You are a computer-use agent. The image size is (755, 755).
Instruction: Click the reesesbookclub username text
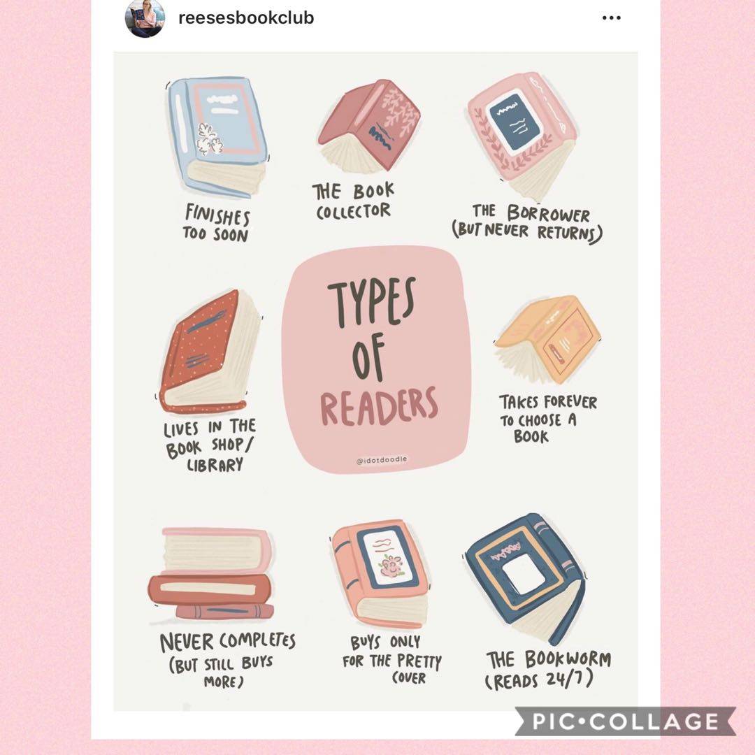246,17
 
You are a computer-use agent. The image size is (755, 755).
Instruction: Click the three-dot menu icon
611,17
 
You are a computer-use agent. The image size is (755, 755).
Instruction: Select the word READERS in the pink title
379,406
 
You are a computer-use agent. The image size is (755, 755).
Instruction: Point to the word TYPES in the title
371,302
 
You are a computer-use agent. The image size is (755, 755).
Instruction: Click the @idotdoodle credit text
382,460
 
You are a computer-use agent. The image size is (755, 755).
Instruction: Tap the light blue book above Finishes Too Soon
217,137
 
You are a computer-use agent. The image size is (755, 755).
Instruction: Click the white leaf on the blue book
210,139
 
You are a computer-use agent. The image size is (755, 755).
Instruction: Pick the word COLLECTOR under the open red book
353,211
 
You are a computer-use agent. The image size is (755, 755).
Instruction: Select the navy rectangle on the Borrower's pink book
512,122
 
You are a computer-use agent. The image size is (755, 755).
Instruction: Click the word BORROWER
548,213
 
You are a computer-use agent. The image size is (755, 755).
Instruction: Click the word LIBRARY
215,465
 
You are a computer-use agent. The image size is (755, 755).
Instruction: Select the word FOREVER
571,401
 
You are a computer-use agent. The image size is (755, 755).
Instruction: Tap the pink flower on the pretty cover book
391,566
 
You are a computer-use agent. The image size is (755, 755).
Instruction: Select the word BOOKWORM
568,659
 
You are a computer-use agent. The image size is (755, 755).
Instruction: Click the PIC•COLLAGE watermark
626,721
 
